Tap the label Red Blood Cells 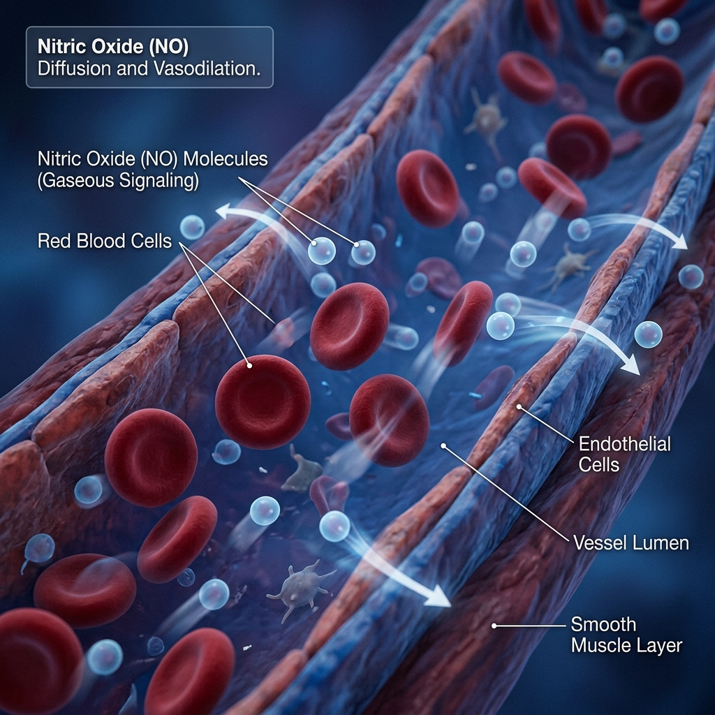(x=105, y=242)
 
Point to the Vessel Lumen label (x=630, y=542)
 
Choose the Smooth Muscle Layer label (x=626, y=634)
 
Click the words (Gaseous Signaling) (x=118, y=181)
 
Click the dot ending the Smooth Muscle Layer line (x=494, y=626)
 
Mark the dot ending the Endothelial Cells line (x=519, y=406)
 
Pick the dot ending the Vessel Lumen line (x=442, y=444)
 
